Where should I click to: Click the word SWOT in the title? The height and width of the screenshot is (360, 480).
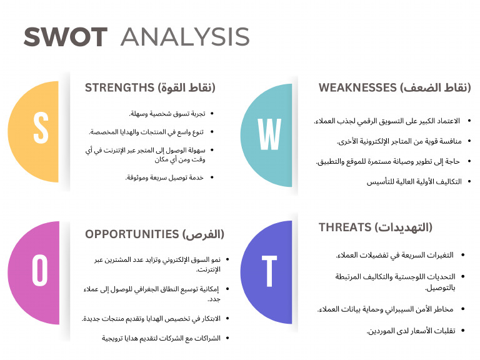(x=65, y=37)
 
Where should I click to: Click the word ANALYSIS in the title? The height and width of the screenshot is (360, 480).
(x=185, y=37)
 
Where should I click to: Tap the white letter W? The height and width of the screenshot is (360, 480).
(x=269, y=133)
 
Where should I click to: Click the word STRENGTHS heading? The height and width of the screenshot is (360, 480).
(x=119, y=87)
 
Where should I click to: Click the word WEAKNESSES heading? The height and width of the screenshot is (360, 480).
(x=357, y=87)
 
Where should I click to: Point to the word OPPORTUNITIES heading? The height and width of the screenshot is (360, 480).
(x=132, y=234)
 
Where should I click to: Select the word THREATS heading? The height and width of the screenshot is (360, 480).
(x=346, y=227)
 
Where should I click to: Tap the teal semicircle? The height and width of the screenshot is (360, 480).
(x=266, y=133)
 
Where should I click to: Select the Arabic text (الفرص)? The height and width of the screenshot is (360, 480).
(x=204, y=234)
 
